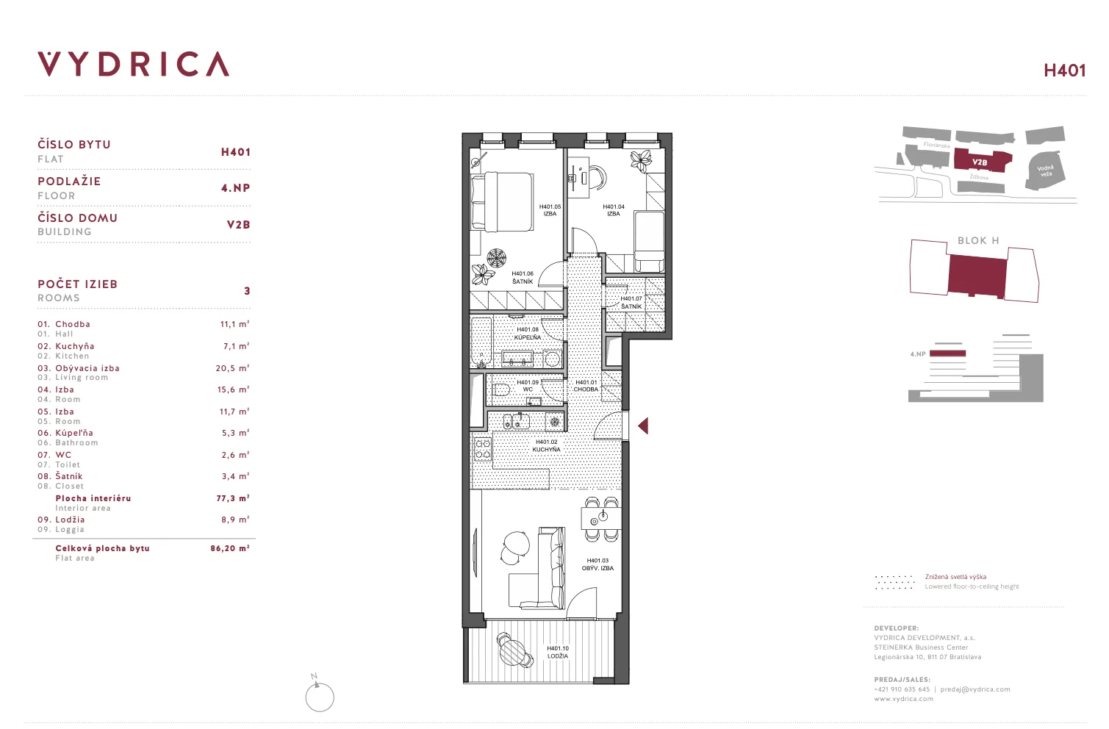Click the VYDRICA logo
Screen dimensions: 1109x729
point(133,64)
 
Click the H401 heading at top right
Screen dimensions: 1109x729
point(1064,71)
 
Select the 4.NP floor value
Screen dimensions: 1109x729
point(236,188)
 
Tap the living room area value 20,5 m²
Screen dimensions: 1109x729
point(233,368)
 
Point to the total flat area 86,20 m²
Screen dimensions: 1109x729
point(230,548)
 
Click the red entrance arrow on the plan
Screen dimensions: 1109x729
point(643,425)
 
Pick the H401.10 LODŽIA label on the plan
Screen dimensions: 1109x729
point(558,653)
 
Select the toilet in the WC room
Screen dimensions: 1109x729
point(500,390)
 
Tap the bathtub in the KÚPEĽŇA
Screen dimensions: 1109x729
point(481,342)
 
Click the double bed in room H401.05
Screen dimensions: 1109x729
point(502,201)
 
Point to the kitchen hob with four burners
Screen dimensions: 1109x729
point(483,449)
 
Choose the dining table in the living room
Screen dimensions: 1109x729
point(601,518)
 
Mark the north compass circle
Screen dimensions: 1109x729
point(320,697)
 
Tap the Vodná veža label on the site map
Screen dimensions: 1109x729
point(1045,170)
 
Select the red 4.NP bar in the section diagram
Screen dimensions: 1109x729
point(947,353)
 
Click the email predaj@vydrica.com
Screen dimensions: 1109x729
point(975,689)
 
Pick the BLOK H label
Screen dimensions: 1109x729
point(978,240)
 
